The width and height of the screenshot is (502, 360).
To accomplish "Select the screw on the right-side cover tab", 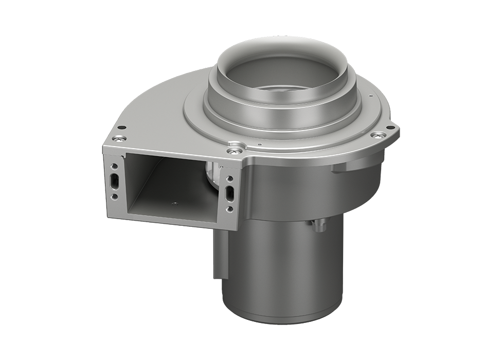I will tap(379, 135).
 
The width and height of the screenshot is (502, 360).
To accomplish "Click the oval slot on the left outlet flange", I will tap(114, 181).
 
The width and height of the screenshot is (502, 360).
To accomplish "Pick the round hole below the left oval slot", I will tap(115, 197).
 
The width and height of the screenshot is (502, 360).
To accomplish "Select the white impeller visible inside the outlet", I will tap(212, 172).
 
